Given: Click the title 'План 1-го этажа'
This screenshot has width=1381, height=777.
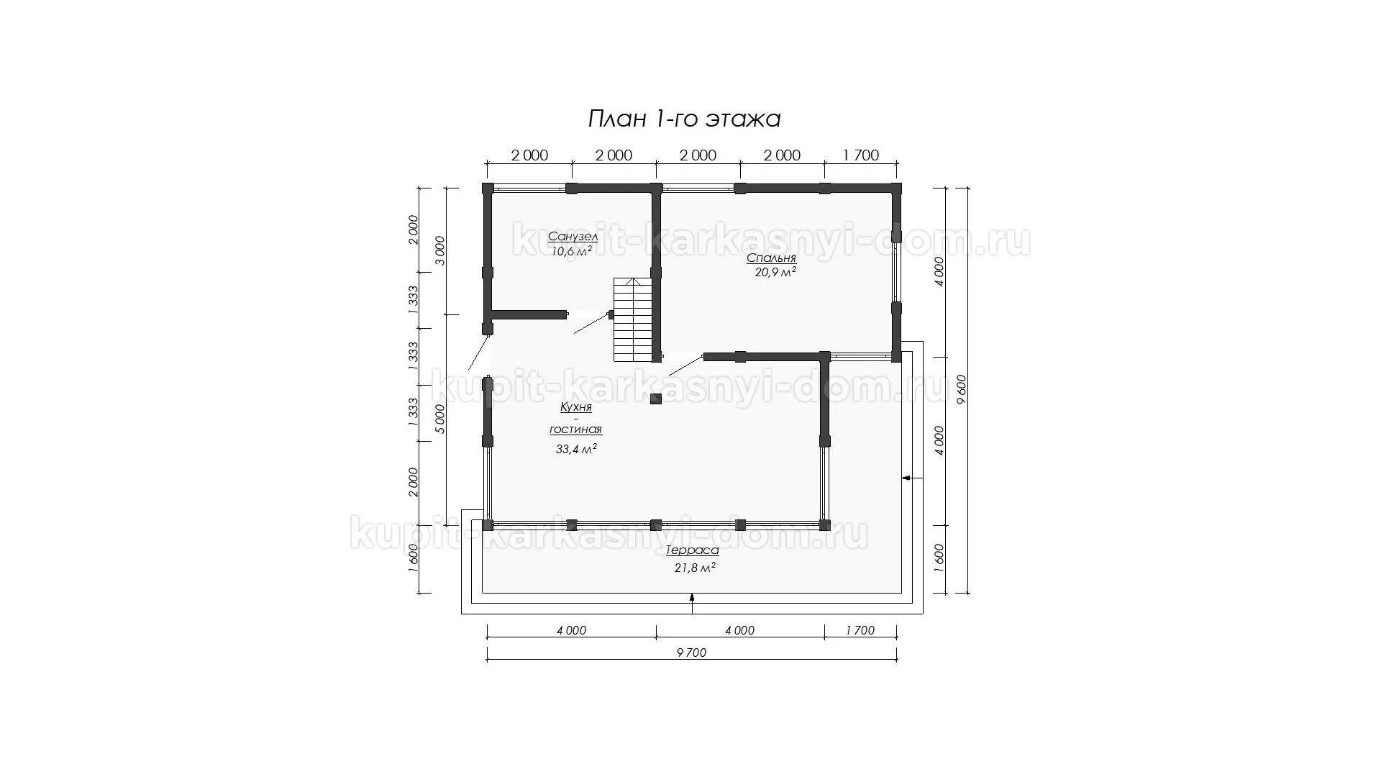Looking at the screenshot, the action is [x=684, y=119].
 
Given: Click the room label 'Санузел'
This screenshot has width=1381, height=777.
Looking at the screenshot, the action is [x=573, y=237].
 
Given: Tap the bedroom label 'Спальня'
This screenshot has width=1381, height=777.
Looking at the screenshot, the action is [x=771, y=258].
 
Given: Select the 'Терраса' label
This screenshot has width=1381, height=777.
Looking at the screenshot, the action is [x=692, y=550].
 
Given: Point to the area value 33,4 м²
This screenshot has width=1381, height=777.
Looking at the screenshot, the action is [x=577, y=449].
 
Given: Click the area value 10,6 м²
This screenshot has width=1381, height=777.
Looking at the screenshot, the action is [x=572, y=251].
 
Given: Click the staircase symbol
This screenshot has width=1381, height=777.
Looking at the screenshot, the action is [x=632, y=320].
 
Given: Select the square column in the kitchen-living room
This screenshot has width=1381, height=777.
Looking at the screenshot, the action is [x=656, y=399].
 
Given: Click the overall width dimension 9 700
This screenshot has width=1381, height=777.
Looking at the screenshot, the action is [x=692, y=653].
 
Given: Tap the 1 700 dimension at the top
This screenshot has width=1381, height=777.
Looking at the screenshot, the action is [x=861, y=155].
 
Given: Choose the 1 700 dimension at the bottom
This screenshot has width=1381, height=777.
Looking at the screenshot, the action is [x=860, y=630].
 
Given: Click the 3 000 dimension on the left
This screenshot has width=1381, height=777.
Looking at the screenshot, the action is [x=441, y=250].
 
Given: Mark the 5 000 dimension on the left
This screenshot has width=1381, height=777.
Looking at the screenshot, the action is [x=441, y=419].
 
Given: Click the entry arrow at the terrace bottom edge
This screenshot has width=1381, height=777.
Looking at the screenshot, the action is [x=692, y=603].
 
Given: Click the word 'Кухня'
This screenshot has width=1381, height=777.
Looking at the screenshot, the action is [x=576, y=407].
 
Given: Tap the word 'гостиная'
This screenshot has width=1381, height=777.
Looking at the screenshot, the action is [x=576, y=430].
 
